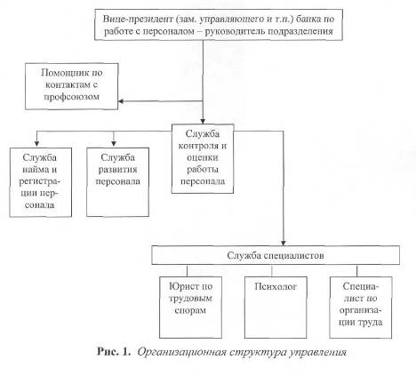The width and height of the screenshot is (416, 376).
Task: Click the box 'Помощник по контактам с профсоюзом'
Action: pyautogui.click(x=71, y=86)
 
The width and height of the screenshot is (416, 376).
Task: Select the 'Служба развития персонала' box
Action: pyautogui.click(x=117, y=182)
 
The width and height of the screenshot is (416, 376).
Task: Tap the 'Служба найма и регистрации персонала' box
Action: pyautogui.click(x=41, y=182)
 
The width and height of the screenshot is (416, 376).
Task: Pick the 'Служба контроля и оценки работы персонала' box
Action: pyautogui.click(x=203, y=159)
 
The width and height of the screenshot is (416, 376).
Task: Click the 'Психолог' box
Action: pyautogui.click(x=276, y=308)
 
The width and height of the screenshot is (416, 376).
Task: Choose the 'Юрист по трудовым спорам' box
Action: pyautogui.click(x=190, y=308)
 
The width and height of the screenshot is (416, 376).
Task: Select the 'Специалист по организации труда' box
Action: pyautogui.click(x=361, y=308)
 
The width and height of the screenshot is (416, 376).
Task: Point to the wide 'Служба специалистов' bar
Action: pyautogui.click(x=276, y=255)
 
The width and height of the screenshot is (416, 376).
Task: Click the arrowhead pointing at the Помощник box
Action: pyautogui.click(x=121, y=101)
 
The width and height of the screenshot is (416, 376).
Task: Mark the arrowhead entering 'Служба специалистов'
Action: pyautogui.click(x=284, y=243)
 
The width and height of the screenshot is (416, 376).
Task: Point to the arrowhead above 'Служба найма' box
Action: pyautogui.click(x=36, y=145)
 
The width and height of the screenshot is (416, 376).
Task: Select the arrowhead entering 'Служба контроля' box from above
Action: pyautogui.click(x=203, y=121)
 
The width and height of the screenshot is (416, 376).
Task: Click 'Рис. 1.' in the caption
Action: pyautogui.click(x=114, y=352)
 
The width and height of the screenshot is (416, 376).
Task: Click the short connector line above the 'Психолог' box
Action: pyautogui.click(x=272, y=271)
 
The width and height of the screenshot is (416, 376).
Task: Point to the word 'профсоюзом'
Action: pyautogui.click(x=71, y=97)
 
